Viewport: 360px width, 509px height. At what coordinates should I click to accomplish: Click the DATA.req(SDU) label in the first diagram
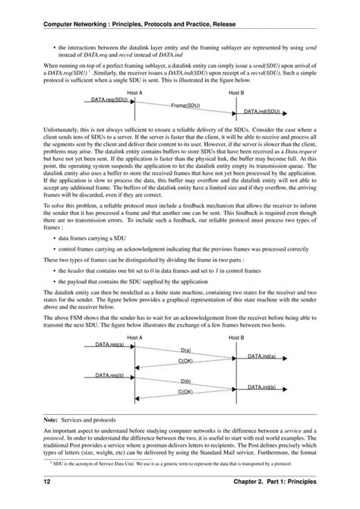pos(109,99)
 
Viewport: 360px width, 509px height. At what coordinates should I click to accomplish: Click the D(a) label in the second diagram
pos(186,350)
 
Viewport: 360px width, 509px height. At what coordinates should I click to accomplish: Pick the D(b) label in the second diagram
pos(186,381)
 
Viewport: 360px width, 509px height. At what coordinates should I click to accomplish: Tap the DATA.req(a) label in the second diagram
pos(110,345)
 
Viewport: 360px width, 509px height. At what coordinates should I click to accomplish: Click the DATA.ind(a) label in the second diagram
pos(262,356)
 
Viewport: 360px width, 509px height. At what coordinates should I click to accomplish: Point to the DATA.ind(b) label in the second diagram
pos(262,387)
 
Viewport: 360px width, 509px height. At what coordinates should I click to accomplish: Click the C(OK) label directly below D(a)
pos(186,361)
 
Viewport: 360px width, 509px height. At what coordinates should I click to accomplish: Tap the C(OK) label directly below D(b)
pos(186,392)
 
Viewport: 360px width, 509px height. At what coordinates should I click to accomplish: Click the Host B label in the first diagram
pos(237,91)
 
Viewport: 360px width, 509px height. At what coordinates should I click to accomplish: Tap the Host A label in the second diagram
pos(134,337)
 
